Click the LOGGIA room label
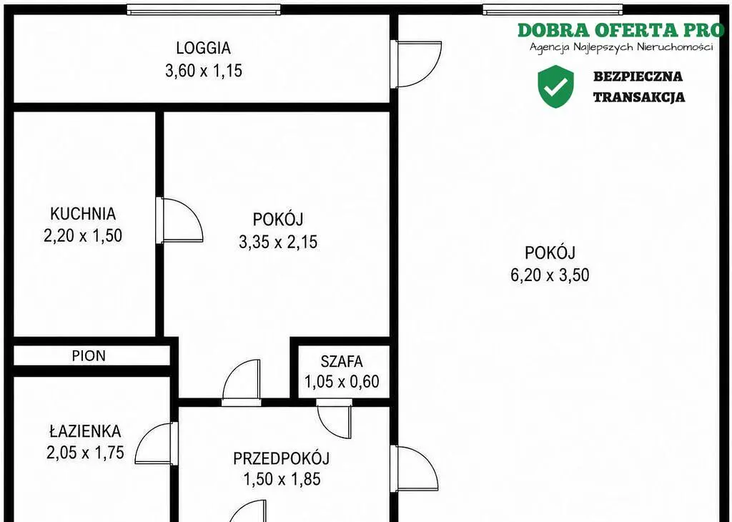coord(204,48)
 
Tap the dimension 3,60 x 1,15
coord(204,71)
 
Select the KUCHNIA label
coord(83,213)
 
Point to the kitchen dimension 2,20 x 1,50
coord(83,235)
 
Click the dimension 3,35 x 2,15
coord(278,242)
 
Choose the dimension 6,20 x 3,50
coord(550,275)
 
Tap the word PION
coord(89,356)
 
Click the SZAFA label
coord(342,361)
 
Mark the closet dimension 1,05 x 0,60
coord(342,381)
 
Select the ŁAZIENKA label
coord(86,430)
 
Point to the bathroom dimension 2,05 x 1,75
coord(86,453)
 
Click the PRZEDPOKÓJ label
coord(282,458)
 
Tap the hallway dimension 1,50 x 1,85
coord(282,479)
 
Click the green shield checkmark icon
coord(555,87)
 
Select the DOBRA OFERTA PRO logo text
coord(621,30)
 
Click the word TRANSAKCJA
coord(639,97)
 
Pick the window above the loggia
coord(204,9)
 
